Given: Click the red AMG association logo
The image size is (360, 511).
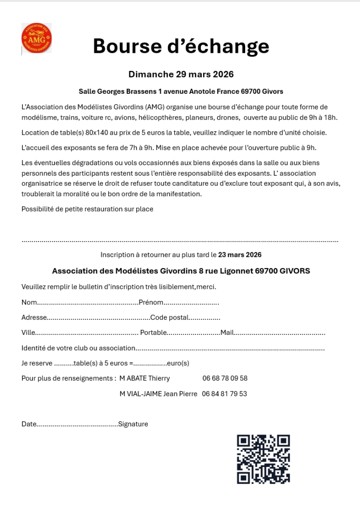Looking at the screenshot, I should pos(36,38).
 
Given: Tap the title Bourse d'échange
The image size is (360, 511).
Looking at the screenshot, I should pos(181,46).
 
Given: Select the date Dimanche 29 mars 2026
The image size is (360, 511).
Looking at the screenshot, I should pos(181,74).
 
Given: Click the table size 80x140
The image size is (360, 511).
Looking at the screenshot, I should pos(98,133).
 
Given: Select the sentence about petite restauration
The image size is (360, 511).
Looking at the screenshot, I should pos(87,209).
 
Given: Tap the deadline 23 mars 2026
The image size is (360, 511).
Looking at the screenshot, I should pos(240,255).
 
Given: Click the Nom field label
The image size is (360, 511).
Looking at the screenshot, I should pos(29,302).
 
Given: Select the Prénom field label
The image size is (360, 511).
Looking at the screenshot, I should pos(151,302).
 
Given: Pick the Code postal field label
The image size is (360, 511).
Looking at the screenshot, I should pos(170,317).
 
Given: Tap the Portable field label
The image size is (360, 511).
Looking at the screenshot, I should pos(153,333).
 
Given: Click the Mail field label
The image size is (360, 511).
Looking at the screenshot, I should pos(227,333).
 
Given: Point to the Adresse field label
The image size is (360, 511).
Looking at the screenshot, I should pos(34,317).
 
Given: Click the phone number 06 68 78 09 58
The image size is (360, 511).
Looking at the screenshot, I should pos(225,378).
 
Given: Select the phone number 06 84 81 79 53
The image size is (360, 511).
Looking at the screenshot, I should pos(225,394).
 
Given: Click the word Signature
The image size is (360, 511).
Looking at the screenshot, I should pos(133,424).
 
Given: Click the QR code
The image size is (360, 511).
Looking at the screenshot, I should pos(263,459).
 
